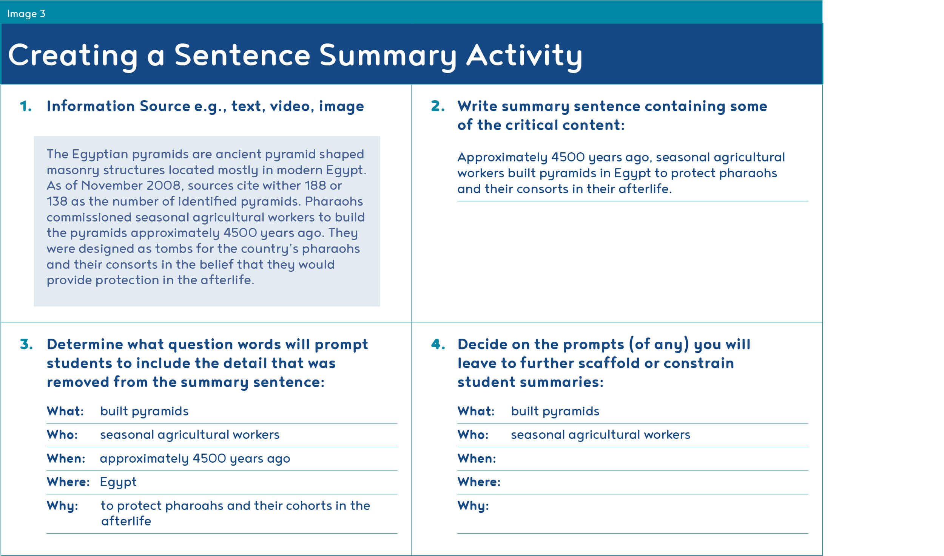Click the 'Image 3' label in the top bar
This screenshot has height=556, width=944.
[x=26, y=14]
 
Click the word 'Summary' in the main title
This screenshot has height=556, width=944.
[x=388, y=56]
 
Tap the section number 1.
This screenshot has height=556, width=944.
[x=26, y=106]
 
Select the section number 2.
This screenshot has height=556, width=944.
[x=438, y=106]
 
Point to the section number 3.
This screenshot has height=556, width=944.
[x=26, y=344]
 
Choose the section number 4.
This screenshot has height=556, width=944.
[x=438, y=344]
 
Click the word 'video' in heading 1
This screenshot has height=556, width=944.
[x=291, y=107]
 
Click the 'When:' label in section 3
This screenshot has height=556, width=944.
[x=66, y=458]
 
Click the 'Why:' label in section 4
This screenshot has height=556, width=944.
[x=473, y=506]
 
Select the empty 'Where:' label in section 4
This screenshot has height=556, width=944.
[x=479, y=482]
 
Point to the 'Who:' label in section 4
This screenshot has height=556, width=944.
[x=473, y=435]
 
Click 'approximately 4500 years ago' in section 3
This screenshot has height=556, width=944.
[x=195, y=459]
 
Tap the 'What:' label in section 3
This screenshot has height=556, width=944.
[x=65, y=411]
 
